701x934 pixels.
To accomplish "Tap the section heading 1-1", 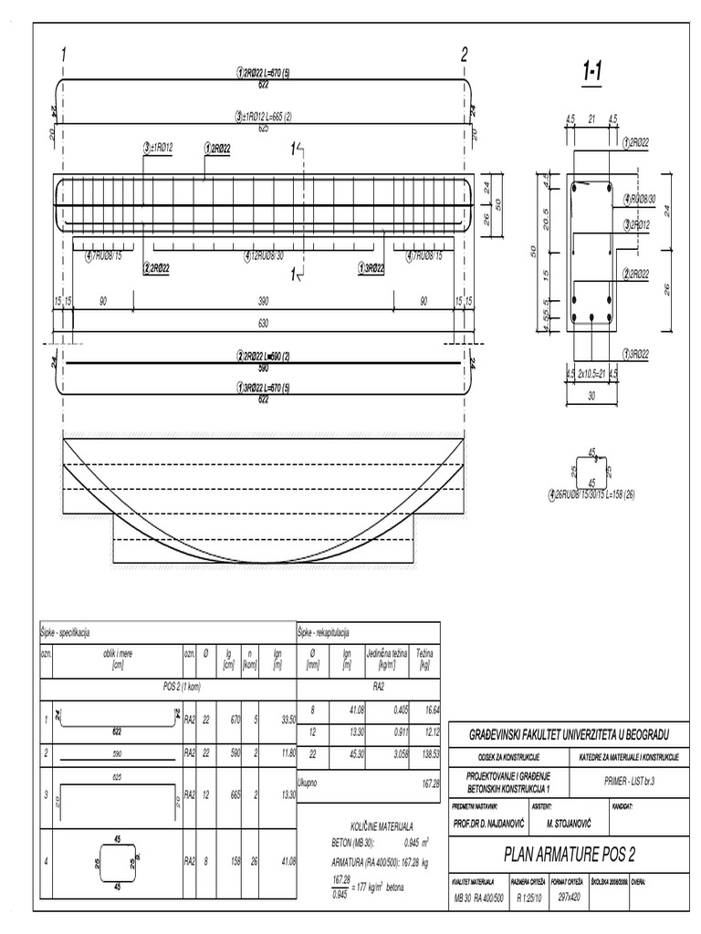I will [593, 70].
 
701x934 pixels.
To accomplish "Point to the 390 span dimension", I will [263, 302].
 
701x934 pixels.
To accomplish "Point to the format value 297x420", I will [570, 898].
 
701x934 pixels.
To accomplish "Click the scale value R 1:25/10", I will [530, 898].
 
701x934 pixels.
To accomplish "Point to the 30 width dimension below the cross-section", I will [591, 396].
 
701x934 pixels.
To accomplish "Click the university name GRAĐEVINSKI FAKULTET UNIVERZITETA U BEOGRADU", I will [568, 734].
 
